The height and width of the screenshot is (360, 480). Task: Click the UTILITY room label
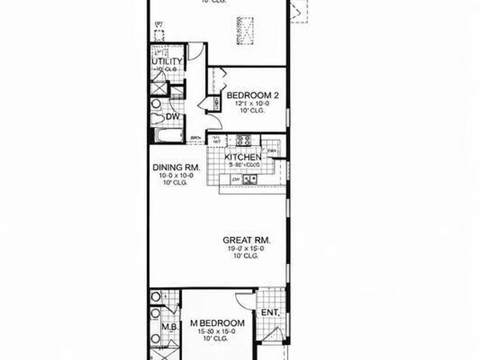tap(166, 61)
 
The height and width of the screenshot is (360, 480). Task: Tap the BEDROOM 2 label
tap(253, 96)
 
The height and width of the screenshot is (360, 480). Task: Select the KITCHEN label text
tap(243, 157)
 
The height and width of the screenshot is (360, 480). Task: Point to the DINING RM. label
tap(177, 167)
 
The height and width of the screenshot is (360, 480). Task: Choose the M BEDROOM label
tap(217, 323)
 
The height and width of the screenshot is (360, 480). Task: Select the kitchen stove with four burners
tap(243, 139)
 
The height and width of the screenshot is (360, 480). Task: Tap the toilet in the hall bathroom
tap(158, 118)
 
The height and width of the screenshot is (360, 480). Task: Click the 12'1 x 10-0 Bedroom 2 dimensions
tap(253, 104)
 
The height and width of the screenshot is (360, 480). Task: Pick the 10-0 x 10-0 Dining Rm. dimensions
tap(176, 175)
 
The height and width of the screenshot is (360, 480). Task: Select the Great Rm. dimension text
tap(247, 249)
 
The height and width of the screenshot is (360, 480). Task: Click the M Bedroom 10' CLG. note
tap(217, 338)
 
